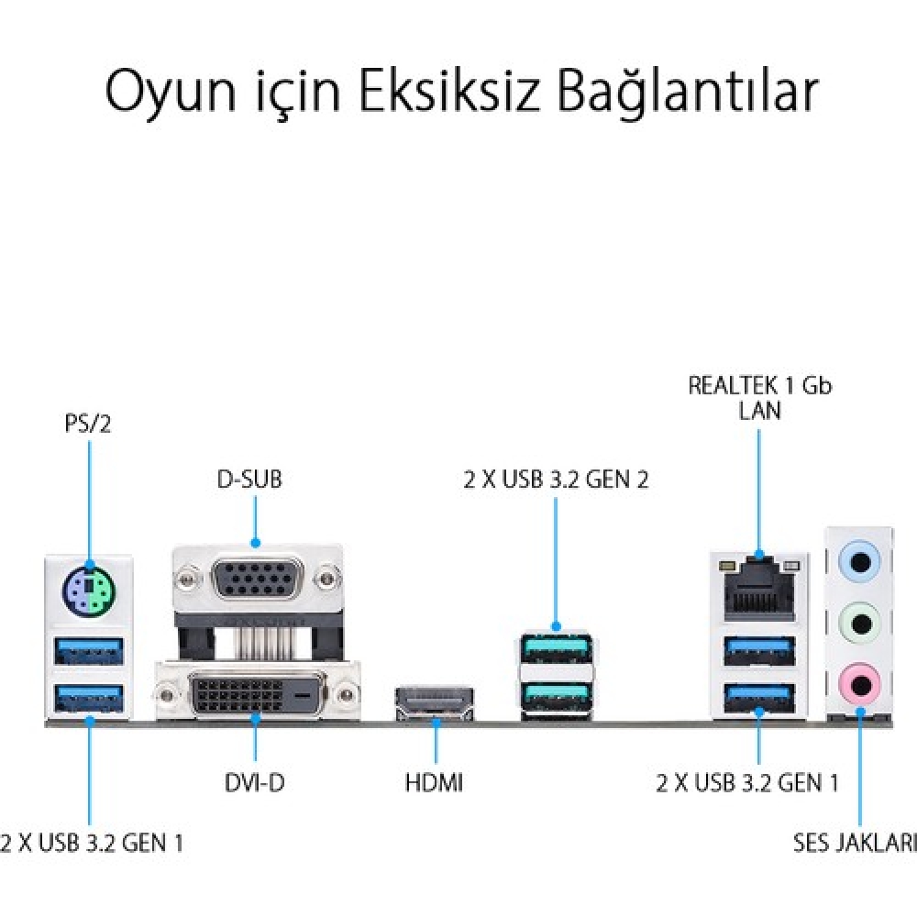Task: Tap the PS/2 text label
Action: [88, 424]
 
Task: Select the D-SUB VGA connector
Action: [257, 580]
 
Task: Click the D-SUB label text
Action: [249, 479]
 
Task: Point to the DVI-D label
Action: [254, 782]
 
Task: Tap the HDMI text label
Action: [434, 782]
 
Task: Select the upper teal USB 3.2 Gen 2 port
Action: [556, 647]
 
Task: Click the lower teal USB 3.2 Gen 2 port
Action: [556, 695]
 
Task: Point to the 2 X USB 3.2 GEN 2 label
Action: [557, 480]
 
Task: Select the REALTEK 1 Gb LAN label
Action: [759, 398]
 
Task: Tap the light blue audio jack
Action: [859, 562]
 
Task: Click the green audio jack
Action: [859, 623]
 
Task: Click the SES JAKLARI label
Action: [855, 842]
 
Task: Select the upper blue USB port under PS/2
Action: [89, 651]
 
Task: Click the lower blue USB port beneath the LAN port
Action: [759, 698]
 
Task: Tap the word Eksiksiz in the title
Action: [448, 91]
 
